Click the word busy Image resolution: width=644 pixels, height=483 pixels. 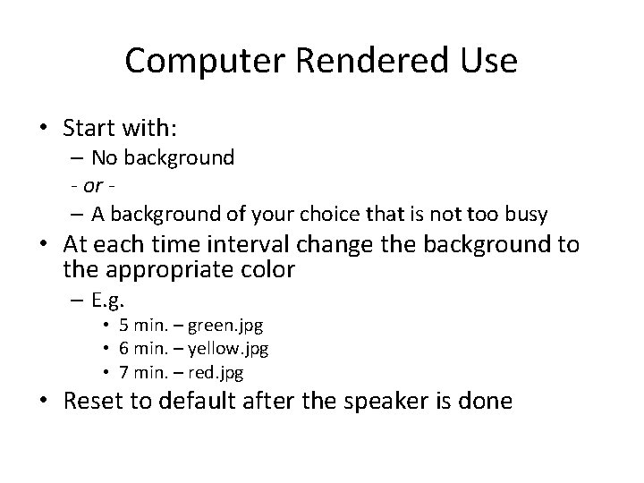(527, 214)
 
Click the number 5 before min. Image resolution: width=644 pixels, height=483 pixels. (124, 326)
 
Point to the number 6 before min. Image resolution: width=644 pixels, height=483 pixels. (124, 348)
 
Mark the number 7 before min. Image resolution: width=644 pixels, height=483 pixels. (124, 369)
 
